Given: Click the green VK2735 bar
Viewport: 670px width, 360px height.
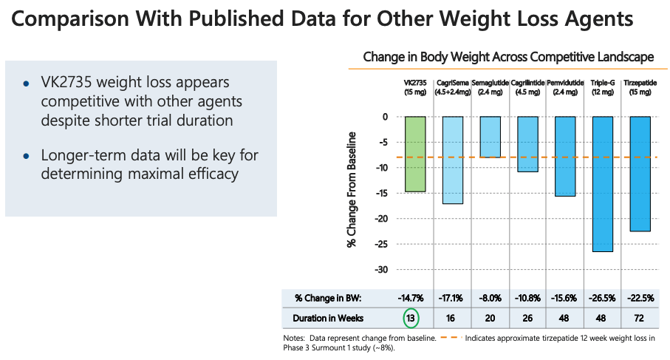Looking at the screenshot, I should (415, 154).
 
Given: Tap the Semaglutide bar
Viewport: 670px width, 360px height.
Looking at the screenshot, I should (490, 137).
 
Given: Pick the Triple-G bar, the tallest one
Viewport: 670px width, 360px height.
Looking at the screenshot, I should (602, 184).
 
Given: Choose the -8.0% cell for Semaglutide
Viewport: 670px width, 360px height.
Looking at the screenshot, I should (490, 298).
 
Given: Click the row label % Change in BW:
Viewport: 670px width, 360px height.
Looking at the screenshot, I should (328, 298).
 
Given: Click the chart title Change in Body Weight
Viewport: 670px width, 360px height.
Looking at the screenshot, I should (508, 57).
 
